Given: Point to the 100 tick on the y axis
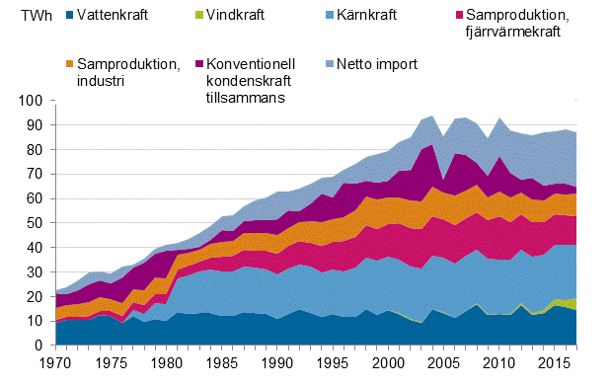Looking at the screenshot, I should [31, 101].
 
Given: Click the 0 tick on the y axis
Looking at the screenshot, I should [38, 347].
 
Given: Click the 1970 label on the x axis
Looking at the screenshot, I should [55, 363].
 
